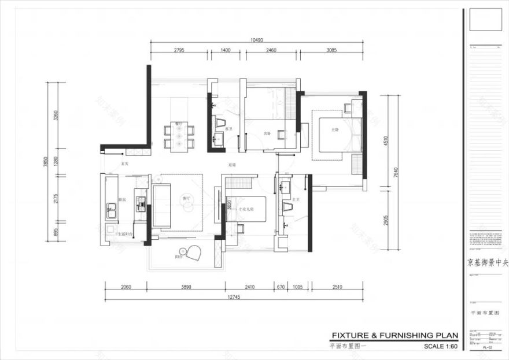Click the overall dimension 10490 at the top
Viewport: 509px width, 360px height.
click(257, 40)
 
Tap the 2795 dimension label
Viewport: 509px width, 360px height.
click(179, 51)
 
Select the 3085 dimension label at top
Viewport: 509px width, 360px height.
click(331, 51)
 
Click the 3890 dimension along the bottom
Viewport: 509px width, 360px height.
click(186, 286)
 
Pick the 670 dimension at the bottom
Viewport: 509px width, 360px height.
click(281, 286)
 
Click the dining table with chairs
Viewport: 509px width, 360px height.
click(179, 136)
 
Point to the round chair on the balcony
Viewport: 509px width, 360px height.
click(193, 253)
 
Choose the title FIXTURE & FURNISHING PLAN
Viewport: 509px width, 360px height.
click(394, 336)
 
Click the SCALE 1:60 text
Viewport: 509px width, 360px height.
click(440, 347)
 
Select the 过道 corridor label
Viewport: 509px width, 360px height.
click(233, 165)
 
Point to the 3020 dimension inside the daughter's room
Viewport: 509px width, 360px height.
click(229, 205)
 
